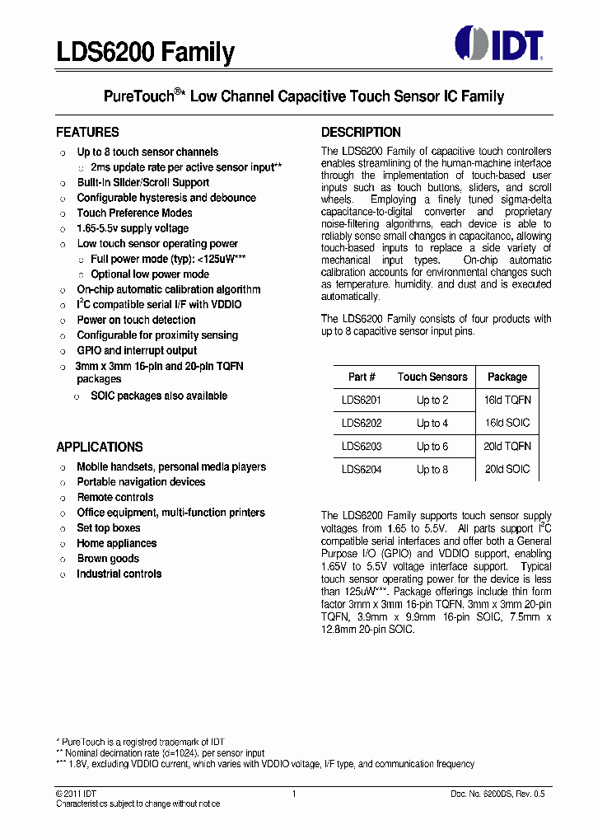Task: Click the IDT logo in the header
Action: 499,45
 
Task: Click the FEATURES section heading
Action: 87,132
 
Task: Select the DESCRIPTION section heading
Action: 361,132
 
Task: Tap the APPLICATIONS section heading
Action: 100,447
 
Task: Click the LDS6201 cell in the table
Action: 362,400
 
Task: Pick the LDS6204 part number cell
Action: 362,469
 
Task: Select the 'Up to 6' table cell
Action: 432,446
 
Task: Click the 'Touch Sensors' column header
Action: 432,377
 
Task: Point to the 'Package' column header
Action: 507,377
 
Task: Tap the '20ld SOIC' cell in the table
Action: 507,469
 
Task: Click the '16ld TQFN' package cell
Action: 507,400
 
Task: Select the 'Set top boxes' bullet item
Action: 109,527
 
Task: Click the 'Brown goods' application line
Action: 108,558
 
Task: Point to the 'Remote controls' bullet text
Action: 115,497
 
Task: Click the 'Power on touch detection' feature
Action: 136,320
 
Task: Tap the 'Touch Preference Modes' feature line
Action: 134,213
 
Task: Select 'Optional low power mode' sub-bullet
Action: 150,274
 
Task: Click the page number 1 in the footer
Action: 294,794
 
